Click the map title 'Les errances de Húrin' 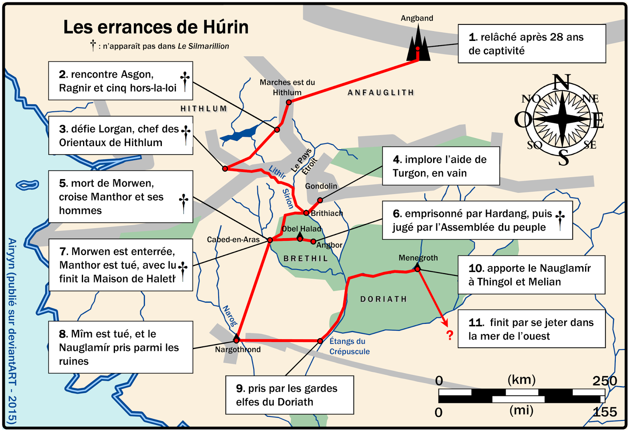click(x=156, y=27)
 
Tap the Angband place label click(x=417, y=18)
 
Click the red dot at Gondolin click(x=320, y=200)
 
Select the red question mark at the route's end click(x=450, y=335)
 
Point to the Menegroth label click(x=418, y=258)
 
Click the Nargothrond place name click(x=238, y=350)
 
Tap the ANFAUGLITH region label click(x=381, y=92)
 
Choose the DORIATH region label click(x=384, y=299)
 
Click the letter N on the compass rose click(x=561, y=82)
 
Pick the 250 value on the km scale click(x=604, y=381)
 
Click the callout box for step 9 click(x=289, y=395)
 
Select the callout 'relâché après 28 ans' click(x=532, y=44)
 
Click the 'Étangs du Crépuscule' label click(x=349, y=346)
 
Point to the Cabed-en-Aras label click(x=233, y=239)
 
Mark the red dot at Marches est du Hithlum click(x=289, y=102)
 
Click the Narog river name click(x=230, y=316)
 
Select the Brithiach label click(x=327, y=213)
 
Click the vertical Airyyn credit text click(x=12, y=331)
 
